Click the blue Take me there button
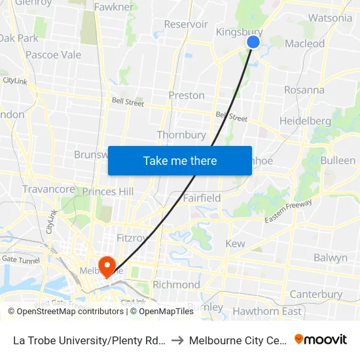(180, 160)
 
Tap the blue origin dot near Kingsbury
(253, 42)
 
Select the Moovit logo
(321, 340)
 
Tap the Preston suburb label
(187, 96)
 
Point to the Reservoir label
(186, 24)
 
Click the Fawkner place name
(114, 7)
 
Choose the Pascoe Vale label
(53, 55)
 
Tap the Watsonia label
(330, 18)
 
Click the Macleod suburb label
(305, 44)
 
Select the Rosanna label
(304, 90)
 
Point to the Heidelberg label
(305, 121)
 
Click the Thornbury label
(181, 135)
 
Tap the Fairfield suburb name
(202, 198)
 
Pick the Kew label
(235, 244)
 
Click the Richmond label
(176, 285)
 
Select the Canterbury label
(315, 295)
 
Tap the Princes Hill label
(107, 192)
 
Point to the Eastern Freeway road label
(288, 211)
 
